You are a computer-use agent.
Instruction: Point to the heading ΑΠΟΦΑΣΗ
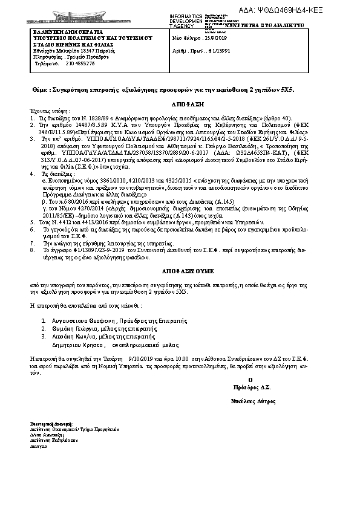(x=180, y=103)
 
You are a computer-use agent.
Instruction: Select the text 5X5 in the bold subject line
(x=287, y=89)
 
